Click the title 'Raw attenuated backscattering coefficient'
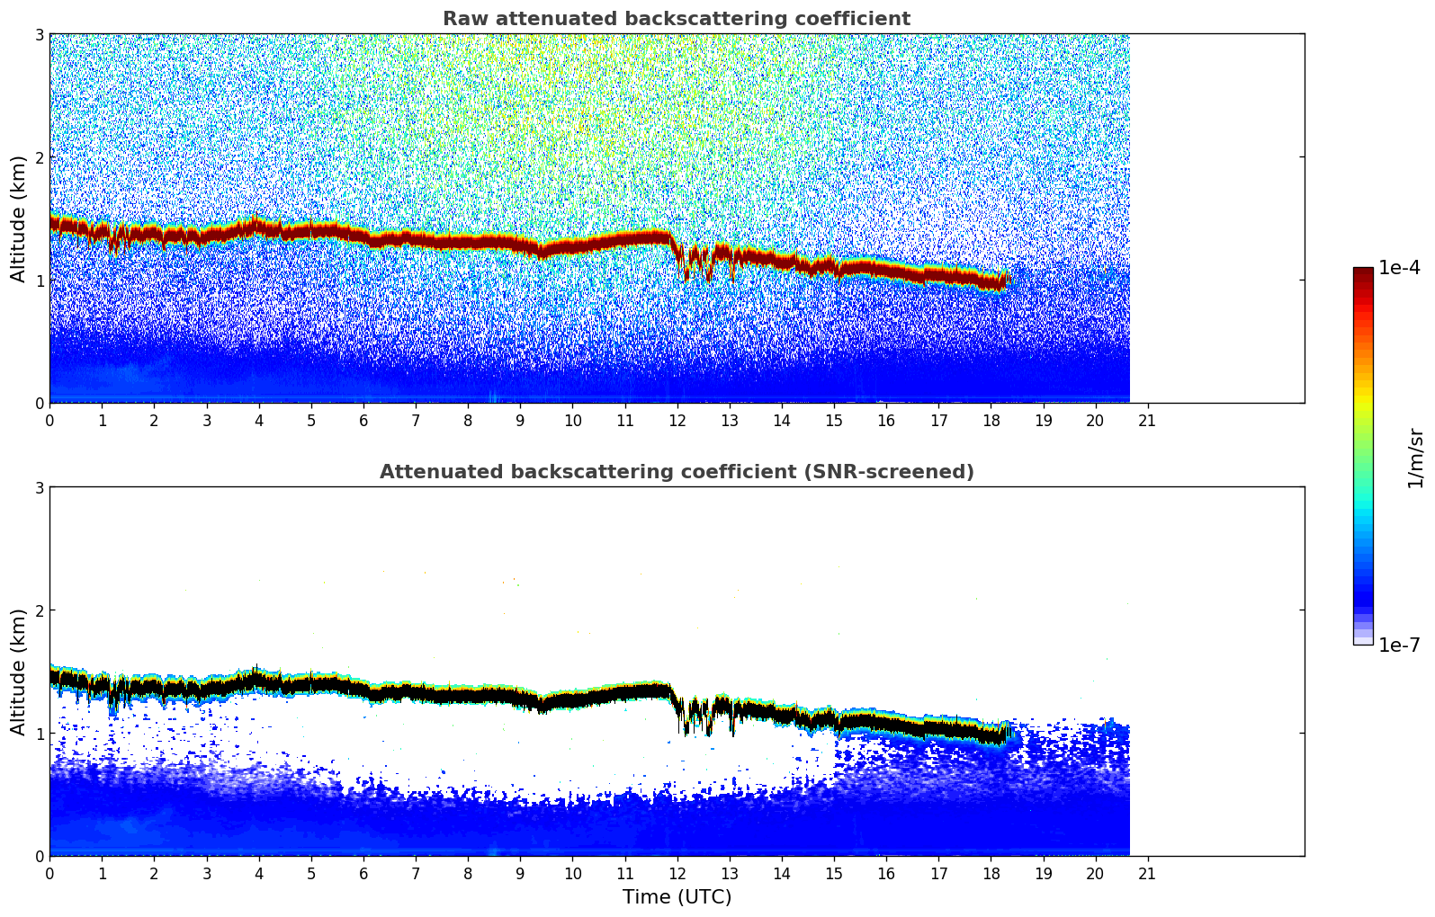(677, 19)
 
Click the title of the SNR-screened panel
(677, 472)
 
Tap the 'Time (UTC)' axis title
(677, 897)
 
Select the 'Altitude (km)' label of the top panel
(18, 218)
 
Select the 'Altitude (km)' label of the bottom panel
(18, 672)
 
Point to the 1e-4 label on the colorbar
(1400, 268)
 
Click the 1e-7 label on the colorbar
(1400, 645)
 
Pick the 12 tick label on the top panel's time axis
(677, 420)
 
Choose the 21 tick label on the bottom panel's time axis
(1147, 873)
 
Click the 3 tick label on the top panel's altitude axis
(39, 35)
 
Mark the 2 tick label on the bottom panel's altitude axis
(39, 611)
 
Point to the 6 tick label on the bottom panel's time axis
(363, 873)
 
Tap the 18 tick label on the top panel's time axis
(991, 420)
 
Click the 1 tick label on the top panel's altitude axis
(39, 280)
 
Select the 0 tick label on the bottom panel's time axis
(49, 873)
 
